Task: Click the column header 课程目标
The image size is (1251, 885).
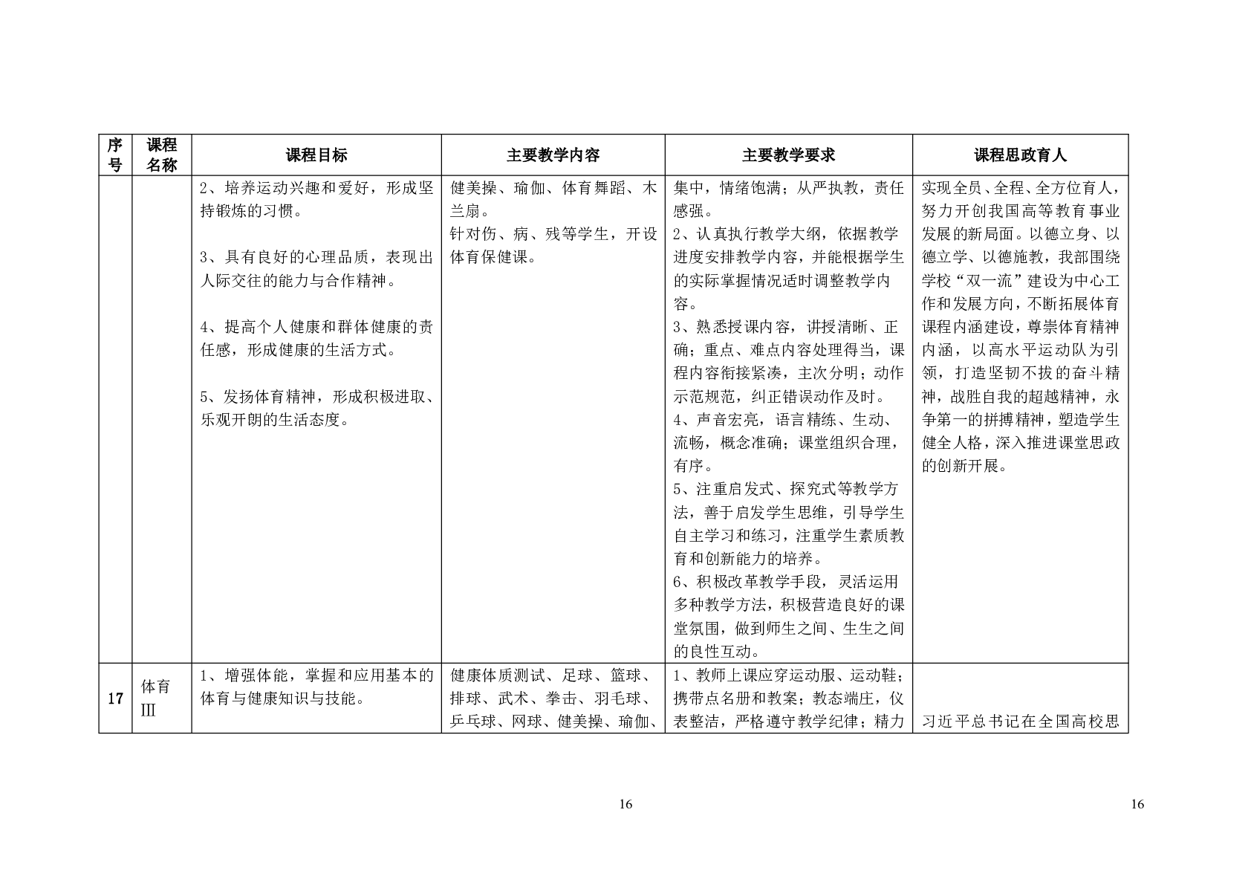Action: pyautogui.click(x=316, y=155)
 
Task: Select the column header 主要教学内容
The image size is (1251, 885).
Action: pyautogui.click(x=553, y=155)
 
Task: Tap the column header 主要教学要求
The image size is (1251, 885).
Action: pyautogui.click(x=788, y=155)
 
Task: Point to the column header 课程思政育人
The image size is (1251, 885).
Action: pyautogui.click(x=1020, y=155)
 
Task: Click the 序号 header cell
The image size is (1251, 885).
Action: pyautogui.click(x=115, y=155)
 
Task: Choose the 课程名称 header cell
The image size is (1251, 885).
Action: pyautogui.click(x=161, y=155)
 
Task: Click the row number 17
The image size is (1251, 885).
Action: pyautogui.click(x=115, y=698)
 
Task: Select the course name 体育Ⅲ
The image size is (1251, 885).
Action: pyautogui.click(x=156, y=698)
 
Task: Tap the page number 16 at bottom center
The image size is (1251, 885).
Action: pyautogui.click(x=625, y=804)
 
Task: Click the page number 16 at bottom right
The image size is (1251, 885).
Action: pyautogui.click(x=1137, y=804)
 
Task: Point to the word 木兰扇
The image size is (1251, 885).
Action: pyautogui.click(x=467, y=211)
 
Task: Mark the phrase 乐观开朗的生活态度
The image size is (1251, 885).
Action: pyautogui.click(x=273, y=420)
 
